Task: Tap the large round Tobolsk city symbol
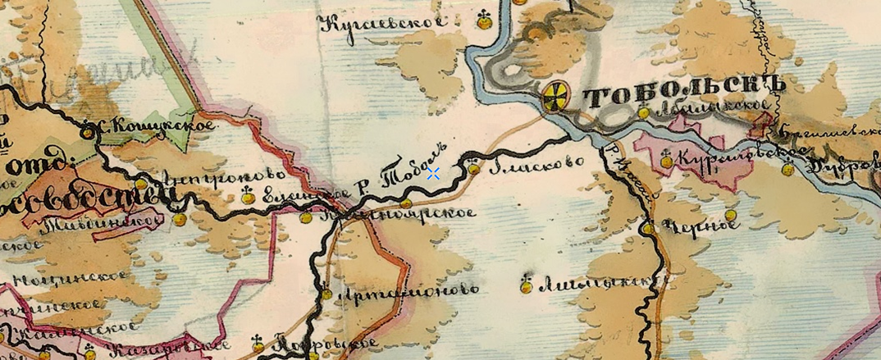(555, 95)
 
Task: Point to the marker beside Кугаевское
(485, 21)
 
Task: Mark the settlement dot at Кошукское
(88, 131)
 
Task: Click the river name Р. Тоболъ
(401, 173)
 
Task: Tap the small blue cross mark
(434, 172)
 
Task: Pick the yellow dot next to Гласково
(474, 168)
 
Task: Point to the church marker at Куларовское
(666, 161)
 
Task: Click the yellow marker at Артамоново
(326, 293)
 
